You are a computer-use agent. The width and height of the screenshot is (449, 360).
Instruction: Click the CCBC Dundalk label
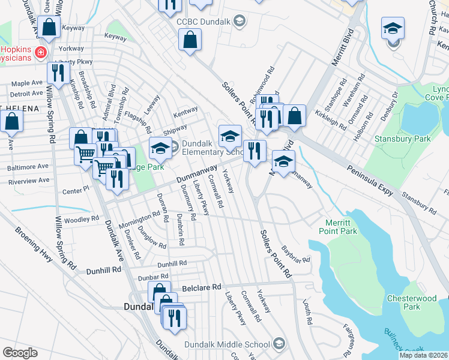204,22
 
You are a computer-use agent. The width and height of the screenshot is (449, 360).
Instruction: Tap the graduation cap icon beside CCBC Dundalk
240,22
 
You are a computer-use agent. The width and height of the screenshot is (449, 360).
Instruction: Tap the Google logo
19,353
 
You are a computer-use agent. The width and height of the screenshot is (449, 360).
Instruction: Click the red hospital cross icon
41,53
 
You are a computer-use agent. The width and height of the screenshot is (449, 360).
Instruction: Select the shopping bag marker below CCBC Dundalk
190,41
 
